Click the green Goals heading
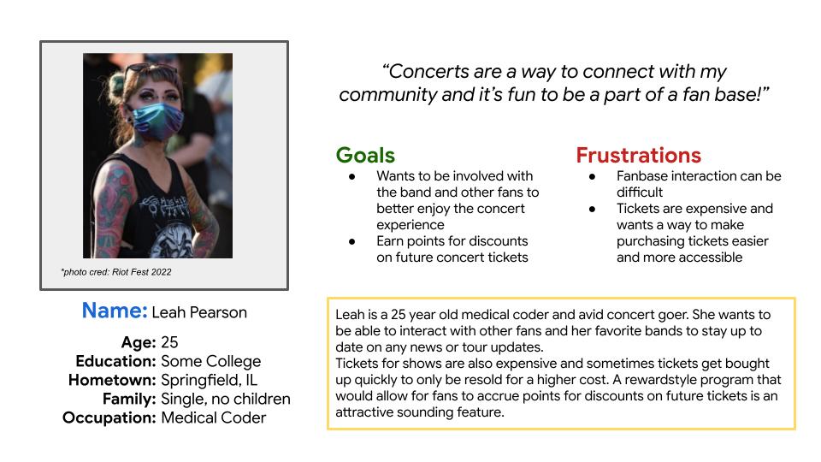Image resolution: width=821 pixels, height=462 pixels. (x=365, y=156)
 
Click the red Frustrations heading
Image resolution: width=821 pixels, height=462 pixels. (x=638, y=156)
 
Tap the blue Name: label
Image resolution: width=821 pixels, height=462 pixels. (x=115, y=311)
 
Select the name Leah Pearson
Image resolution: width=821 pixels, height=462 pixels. (x=199, y=312)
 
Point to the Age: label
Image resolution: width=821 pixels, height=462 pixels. (x=139, y=342)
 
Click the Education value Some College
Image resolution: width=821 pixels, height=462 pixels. (x=210, y=361)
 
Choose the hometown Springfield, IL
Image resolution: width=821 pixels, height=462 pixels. (x=209, y=380)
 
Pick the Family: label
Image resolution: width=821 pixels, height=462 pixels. (x=129, y=399)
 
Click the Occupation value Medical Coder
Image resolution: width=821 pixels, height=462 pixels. (x=213, y=418)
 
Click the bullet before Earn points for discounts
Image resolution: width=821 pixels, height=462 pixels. (x=352, y=241)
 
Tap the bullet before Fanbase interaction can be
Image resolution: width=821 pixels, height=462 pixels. (x=593, y=176)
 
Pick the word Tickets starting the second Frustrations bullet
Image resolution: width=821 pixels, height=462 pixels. (x=640, y=209)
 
